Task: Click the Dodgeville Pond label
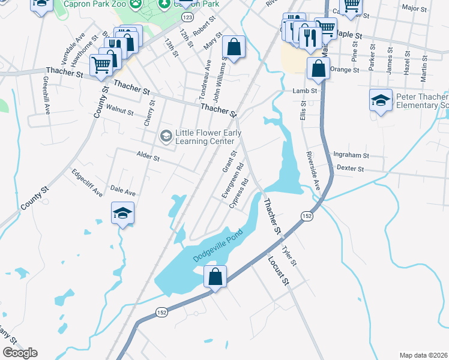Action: [217, 246]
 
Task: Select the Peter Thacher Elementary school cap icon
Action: [381, 100]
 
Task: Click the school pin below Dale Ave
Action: [122, 214]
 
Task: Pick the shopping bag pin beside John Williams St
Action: [234, 47]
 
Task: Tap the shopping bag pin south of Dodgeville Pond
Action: [215, 277]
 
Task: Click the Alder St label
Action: [148, 158]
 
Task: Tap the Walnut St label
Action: [119, 111]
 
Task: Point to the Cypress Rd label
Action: [239, 192]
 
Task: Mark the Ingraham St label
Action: [351, 155]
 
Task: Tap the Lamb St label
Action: [304, 91]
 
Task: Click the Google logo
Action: [20, 353]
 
